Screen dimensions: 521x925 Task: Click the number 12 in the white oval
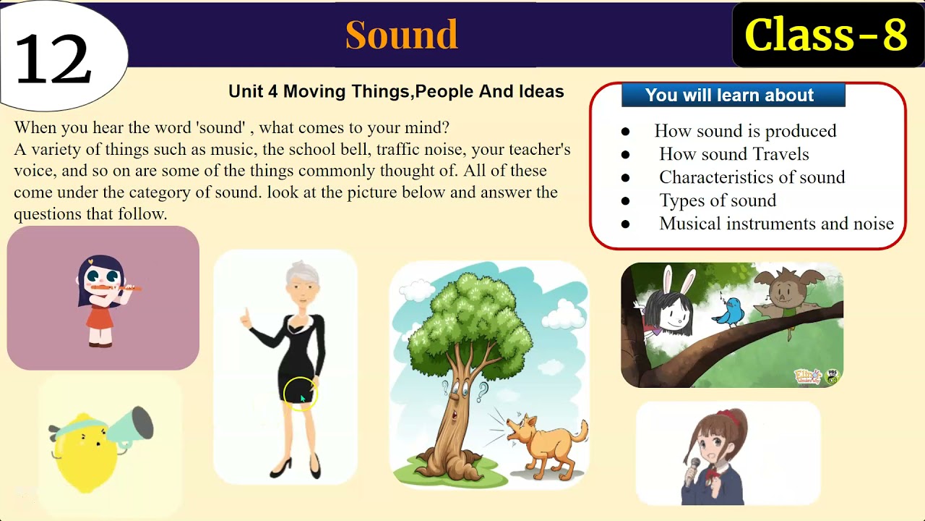tap(53, 60)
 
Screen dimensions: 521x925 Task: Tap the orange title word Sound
tap(401, 35)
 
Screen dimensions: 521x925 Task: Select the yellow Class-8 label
tap(825, 35)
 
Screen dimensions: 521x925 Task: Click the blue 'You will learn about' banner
tap(732, 95)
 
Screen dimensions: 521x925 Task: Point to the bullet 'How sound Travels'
tap(733, 154)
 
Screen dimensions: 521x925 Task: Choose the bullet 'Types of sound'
tap(717, 200)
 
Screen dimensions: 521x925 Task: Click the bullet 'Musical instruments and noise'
tap(776, 224)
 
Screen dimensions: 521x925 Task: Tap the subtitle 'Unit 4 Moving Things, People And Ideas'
tap(396, 92)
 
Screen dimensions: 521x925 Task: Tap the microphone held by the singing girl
tap(694, 467)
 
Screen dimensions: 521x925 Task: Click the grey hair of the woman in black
tap(303, 274)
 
